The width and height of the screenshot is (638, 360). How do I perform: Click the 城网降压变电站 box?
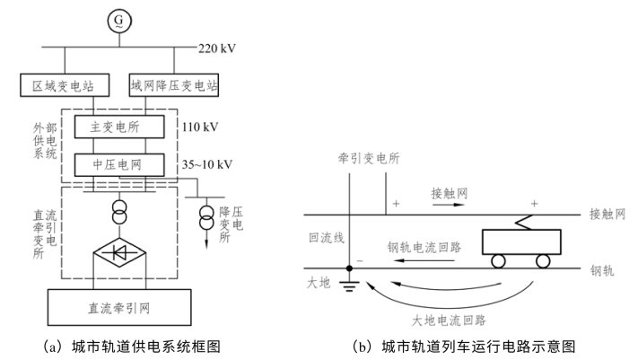174,87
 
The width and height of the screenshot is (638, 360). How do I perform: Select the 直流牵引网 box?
120,308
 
